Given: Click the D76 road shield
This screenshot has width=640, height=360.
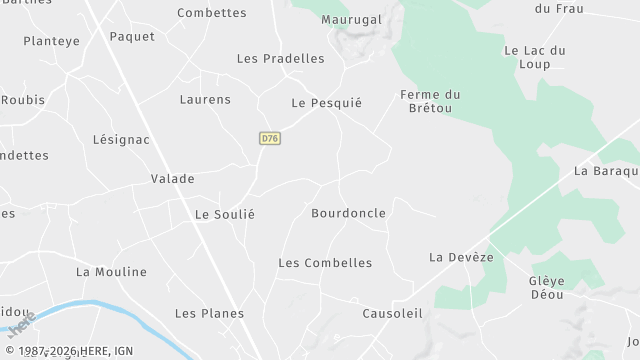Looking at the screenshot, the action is [268, 139].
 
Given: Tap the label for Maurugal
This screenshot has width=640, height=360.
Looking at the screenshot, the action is [352, 19].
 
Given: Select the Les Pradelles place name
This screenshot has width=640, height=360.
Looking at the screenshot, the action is [280, 58].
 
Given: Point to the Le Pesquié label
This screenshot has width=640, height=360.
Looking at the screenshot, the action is [326, 102].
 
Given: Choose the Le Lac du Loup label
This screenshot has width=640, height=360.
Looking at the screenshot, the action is [535, 57].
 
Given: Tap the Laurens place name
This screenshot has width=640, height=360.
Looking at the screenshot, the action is [205, 99].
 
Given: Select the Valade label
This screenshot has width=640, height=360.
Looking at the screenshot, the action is [172, 178].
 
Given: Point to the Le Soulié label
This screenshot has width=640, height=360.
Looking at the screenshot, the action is [225, 214].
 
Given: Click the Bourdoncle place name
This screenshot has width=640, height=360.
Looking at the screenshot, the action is [348, 213].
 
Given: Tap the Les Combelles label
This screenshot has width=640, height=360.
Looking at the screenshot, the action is [325, 263].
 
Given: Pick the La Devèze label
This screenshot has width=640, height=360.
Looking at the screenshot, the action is [461, 257].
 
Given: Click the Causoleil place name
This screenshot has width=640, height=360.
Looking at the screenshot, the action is [393, 313].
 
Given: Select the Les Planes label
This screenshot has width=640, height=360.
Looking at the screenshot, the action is [209, 313].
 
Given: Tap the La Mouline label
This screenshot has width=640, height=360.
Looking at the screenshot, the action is [111, 271].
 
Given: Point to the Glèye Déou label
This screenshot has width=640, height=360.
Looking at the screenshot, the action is [547, 288].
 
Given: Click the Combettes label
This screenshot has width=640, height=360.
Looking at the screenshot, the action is [211, 12].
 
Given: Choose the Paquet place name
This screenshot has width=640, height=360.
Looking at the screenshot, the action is [132, 36].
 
